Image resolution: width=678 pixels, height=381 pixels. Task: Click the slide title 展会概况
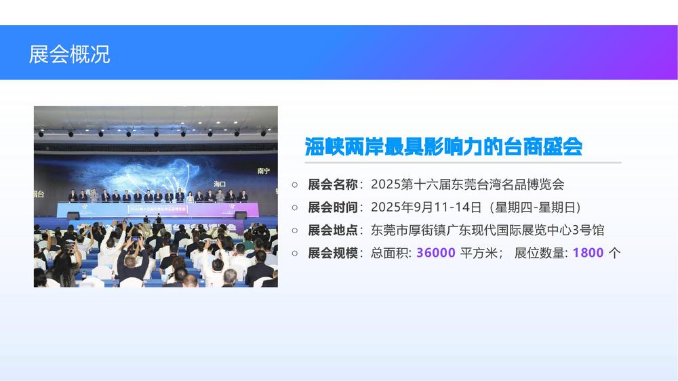click(x=69, y=54)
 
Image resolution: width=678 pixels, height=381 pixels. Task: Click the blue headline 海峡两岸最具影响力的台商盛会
click(x=443, y=146)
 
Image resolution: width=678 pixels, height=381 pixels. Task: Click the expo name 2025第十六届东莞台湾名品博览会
click(x=467, y=184)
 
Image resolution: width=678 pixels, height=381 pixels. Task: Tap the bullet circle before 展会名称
click(x=295, y=184)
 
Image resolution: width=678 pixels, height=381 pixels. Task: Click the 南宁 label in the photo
click(x=264, y=172)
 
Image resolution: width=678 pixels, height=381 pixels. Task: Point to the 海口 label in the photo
click(x=220, y=184)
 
